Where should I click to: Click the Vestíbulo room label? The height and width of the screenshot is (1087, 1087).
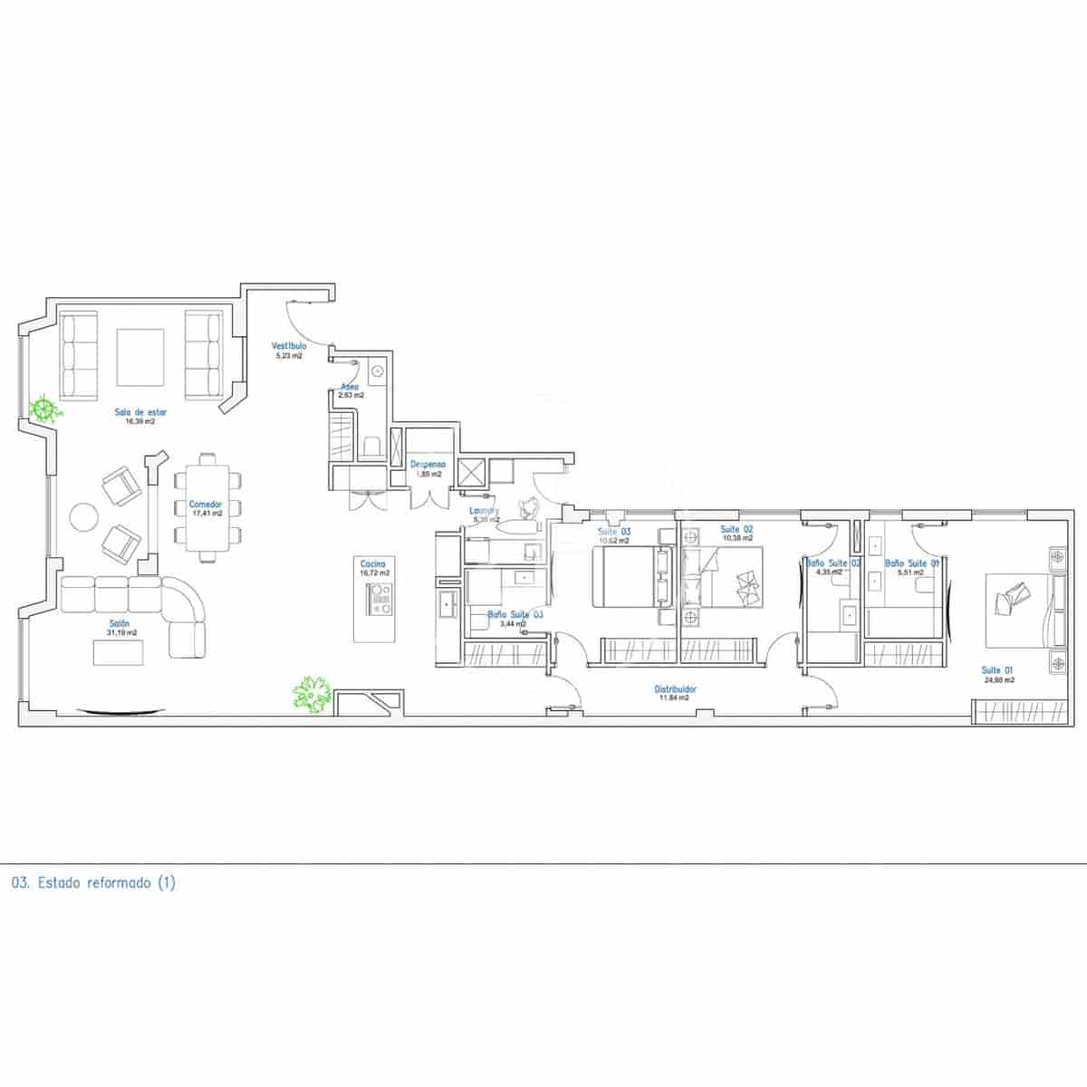[290, 346]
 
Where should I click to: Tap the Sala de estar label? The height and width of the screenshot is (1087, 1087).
[140, 412]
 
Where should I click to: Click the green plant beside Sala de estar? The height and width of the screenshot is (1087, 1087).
[43, 409]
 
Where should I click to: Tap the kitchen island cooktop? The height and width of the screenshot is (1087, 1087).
[379, 599]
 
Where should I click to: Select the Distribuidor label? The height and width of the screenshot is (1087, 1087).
[676, 689]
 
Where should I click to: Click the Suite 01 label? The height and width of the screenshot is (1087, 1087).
[997, 670]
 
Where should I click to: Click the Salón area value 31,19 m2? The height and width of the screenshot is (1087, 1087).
[120, 633]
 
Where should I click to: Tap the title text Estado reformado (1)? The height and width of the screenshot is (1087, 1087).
[94, 882]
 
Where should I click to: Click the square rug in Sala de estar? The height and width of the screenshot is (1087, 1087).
[140, 356]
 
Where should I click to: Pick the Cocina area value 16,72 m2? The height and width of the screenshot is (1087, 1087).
[374, 573]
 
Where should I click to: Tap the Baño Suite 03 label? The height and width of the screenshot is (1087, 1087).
[515, 614]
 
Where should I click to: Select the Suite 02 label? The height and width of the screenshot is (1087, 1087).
[736, 529]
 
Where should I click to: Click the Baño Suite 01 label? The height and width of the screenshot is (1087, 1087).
[912, 563]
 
